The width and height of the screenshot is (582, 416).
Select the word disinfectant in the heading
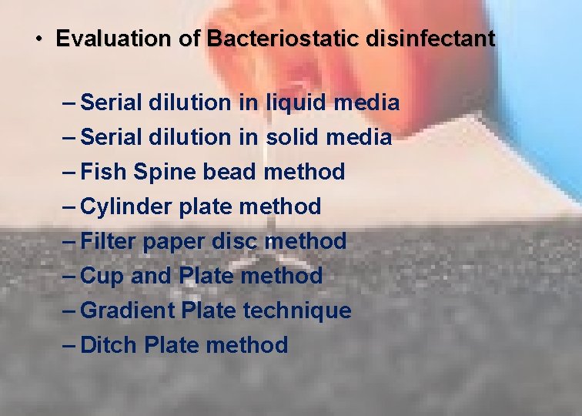[430, 39]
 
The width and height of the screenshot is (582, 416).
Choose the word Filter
[107, 241]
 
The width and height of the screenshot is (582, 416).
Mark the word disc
[236, 241]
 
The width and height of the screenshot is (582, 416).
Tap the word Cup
[102, 276]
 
